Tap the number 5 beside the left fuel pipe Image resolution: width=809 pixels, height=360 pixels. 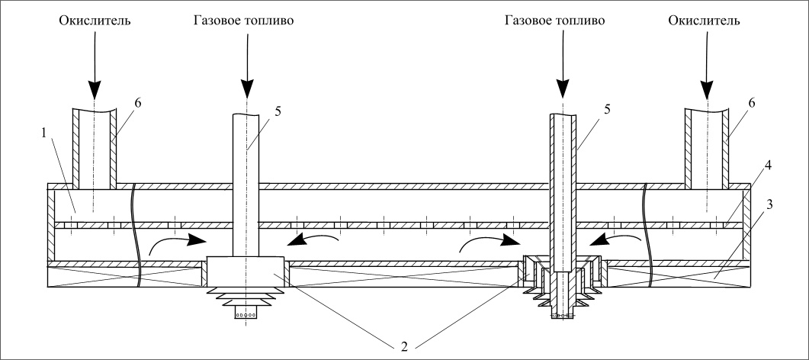278,111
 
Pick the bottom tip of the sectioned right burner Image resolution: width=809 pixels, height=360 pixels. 562,316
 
